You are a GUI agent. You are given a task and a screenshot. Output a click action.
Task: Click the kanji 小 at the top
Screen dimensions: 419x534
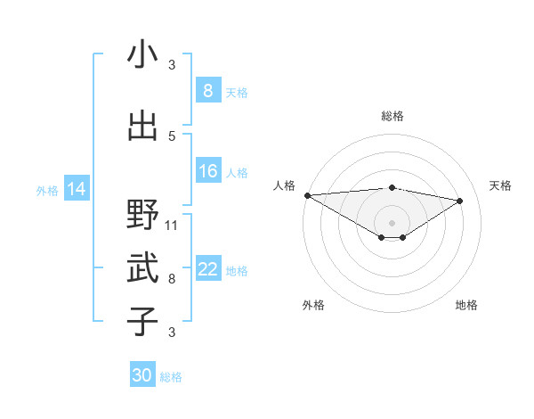pos(142,55)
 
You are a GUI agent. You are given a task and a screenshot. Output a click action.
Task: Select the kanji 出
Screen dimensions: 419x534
pos(142,127)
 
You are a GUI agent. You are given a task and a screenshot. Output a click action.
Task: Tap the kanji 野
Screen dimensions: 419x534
pos(142,215)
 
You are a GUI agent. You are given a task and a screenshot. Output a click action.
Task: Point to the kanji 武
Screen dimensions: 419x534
pos(142,268)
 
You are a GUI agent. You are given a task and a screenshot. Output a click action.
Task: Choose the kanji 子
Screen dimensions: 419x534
pos(142,322)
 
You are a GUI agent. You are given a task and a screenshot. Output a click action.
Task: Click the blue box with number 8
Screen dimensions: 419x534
pos(207,90)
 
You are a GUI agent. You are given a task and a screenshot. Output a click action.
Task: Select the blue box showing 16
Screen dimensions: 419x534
pos(207,171)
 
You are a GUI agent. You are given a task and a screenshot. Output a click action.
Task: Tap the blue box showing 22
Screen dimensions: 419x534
pos(207,269)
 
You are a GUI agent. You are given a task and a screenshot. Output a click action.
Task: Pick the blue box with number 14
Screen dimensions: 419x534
pos(77,189)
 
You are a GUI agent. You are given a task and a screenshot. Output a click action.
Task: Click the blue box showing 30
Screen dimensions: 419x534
pos(142,375)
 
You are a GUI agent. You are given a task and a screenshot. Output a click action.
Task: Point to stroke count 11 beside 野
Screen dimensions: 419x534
pos(172,225)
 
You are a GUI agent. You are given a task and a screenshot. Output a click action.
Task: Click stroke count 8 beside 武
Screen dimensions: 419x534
pos(172,278)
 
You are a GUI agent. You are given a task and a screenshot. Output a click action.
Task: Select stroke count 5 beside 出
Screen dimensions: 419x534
pos(172,136)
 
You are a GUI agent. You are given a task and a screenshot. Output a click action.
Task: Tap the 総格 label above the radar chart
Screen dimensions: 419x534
pos(392,116)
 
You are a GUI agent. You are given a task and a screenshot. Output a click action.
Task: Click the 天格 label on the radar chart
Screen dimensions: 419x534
pos(500,185)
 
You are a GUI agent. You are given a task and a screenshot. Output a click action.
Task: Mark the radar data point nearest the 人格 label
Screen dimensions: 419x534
pos(307,195)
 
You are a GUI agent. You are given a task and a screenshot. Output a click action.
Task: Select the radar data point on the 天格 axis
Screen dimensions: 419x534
pos(460,201)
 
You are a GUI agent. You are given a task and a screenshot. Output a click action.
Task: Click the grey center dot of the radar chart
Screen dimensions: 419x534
pos(392,221)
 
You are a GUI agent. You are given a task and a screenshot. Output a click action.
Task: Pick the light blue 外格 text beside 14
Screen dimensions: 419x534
pos(47,190)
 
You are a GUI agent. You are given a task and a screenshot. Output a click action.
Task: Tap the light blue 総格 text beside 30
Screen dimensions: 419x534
pos(171,377)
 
